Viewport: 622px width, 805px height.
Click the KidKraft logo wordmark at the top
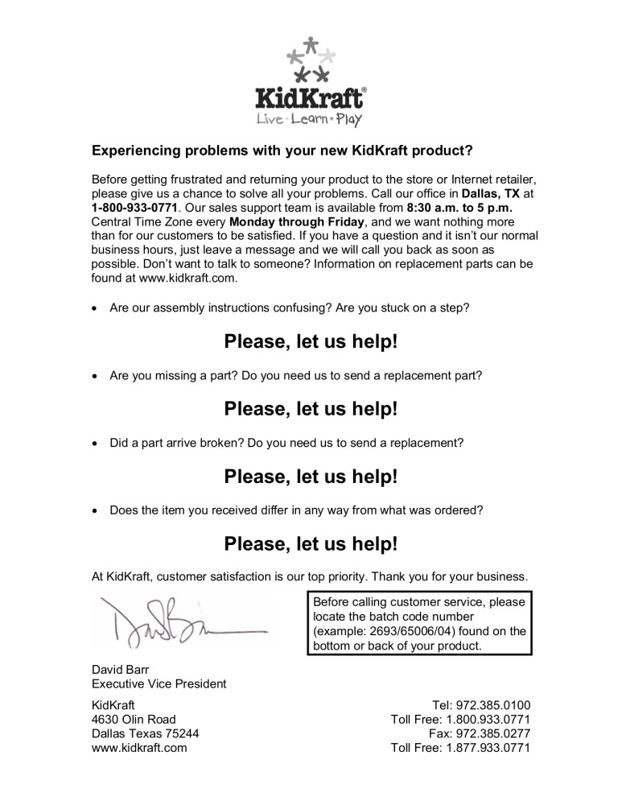click(311, 98)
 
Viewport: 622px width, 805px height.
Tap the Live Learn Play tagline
click(309, 120)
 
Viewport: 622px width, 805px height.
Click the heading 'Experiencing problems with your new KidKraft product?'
click(282, 151)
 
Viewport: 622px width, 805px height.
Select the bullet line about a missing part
click(296, 374)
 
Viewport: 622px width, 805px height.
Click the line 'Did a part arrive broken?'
click(287, 442)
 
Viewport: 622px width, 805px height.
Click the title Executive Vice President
click(159, 684)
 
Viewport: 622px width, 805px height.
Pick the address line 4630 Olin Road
click(134, 720)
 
